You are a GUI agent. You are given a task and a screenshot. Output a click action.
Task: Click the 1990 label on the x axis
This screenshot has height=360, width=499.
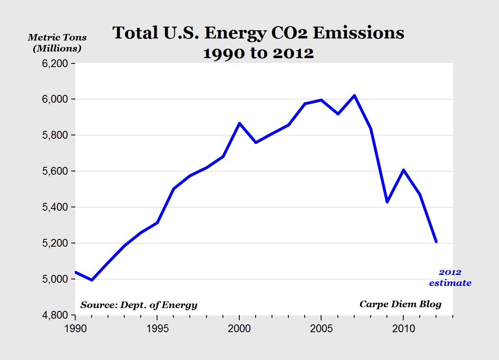[76, 328]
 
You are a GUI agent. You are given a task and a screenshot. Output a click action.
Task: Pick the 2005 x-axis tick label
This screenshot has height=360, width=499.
[321, 328]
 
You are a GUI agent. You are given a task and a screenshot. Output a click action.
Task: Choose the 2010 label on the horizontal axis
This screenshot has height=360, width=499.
[403, 328]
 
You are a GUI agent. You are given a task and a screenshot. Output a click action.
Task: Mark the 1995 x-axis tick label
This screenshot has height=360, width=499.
[157, 328]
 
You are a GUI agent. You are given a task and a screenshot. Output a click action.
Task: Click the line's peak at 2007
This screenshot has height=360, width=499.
[354, 96]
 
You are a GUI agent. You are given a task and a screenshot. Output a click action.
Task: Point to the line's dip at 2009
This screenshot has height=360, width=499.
[387, 202]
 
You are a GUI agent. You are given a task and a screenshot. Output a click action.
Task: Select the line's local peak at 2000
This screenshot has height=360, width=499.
[239, 123]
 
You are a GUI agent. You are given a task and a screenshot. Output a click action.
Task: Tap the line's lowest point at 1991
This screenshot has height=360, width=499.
[92, 280]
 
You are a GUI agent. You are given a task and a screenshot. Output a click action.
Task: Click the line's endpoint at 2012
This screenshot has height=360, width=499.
[436, 242]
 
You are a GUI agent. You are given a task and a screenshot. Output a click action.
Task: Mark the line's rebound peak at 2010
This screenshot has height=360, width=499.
[403, 170]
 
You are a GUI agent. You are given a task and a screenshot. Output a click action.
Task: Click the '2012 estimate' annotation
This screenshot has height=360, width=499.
[450, 278]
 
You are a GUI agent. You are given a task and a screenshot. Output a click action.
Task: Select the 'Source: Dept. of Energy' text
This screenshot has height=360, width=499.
[139, 305]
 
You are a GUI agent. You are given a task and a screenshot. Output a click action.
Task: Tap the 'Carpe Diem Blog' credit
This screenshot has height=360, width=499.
[400, 304]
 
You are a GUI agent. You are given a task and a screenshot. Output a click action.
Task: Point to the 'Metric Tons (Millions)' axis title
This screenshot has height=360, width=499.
[57, 43]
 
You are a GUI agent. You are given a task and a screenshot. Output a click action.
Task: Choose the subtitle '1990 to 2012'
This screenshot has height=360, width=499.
[258, 53]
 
